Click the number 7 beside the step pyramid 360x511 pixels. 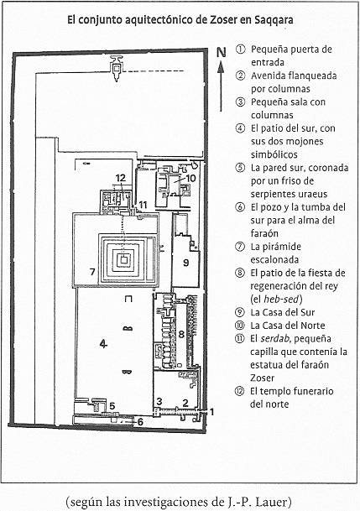[92, 272]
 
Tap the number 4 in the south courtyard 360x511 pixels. [103, 343]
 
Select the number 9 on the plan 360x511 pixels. [185, 263]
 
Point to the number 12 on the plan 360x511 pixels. [121, 178]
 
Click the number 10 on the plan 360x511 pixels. [190, 178]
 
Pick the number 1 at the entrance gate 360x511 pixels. [211, 412]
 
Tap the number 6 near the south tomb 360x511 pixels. [140, 422]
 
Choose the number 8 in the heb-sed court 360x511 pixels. [181, 334]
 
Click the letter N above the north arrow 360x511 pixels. [222, 52]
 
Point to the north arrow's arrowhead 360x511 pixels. [221, 67]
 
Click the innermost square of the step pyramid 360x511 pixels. [123, 259]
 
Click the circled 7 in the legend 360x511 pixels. [240, 247]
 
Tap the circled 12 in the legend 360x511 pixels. [239, 391]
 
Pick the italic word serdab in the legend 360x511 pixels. [275, 339]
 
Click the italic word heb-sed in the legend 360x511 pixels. [281, 299]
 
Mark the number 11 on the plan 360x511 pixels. [143, 205]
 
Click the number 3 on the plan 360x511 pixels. [159, 401]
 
